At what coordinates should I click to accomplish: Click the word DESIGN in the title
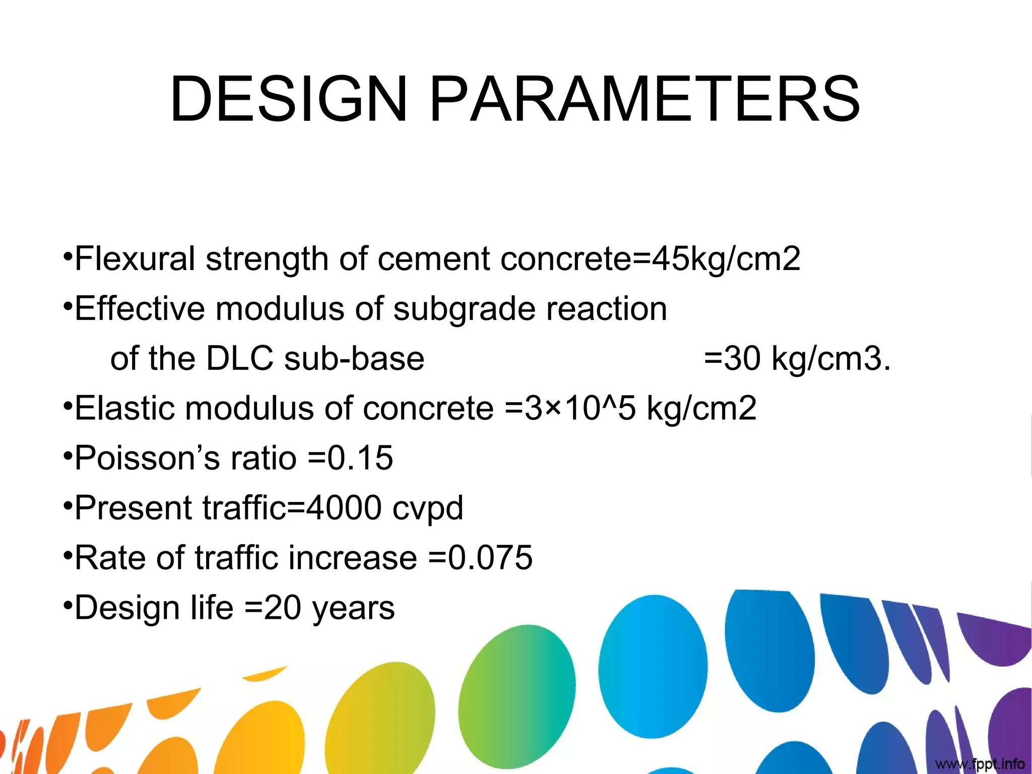point(288,99)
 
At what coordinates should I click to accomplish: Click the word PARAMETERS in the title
point(644,99)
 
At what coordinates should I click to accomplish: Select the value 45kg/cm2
point(726,259)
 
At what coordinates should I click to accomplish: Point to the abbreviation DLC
point(239,358)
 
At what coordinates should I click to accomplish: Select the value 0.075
point(490,557)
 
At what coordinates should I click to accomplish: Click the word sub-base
point(354,358)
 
